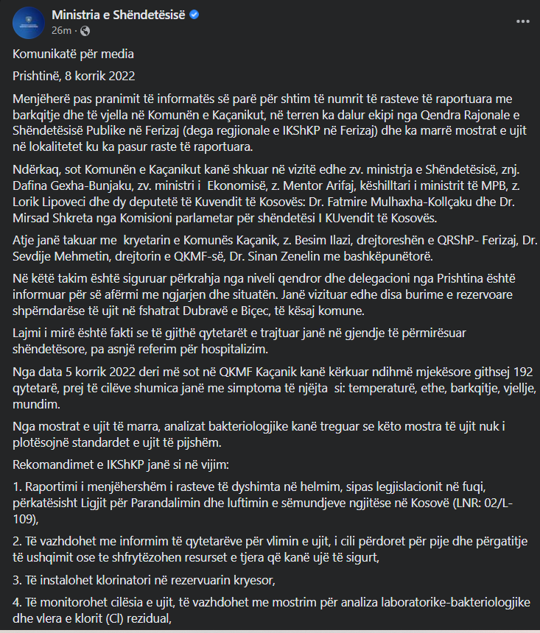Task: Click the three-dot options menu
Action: click(x=522, y=22)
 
